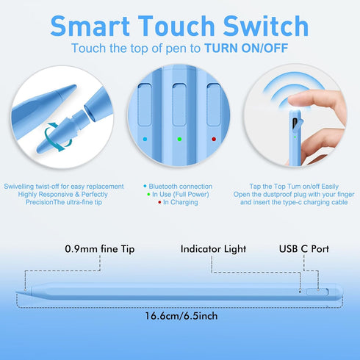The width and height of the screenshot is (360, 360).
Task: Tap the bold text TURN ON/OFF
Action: [x=246, y=48]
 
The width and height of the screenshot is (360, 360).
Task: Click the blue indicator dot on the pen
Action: [x=145, y=138]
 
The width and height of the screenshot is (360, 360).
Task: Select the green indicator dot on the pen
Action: [x=180, y=138]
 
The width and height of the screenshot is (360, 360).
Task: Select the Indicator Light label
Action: [x=213, y=249]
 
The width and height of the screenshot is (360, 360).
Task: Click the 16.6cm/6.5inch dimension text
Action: [x=180, y=316]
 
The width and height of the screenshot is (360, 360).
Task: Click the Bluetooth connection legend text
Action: [x=181, y=187]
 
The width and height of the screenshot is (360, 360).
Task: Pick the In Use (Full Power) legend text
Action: [x=181, y=195]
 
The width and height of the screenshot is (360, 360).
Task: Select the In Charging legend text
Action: [x=181, y=203]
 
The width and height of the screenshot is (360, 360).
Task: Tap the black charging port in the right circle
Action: [x=295, y=122]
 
